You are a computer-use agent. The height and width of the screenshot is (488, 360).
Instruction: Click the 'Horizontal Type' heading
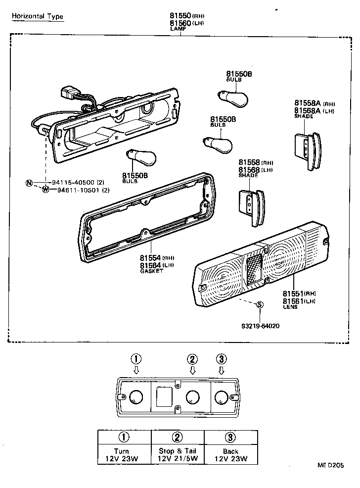click(x=38, y=16)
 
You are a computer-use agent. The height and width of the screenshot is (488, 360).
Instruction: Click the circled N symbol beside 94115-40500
click(x=29, y=182)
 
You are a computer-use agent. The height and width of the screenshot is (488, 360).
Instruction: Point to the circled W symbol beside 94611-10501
click(x=45, y=190)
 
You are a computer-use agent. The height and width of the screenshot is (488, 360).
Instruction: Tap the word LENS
click(x=289, y=307)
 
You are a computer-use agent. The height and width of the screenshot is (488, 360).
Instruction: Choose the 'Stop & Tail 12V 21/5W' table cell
click(x=178, y=454)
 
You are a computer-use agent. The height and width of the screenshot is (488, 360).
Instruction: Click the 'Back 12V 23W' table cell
click(x=230, y=454)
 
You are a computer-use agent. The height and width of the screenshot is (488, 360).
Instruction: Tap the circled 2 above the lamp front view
click(x=192, y=359)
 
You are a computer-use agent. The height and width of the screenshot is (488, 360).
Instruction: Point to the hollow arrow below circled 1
click(x=136, y=370)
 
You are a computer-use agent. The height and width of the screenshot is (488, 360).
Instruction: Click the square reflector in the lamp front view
click(x=164, y=396)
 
